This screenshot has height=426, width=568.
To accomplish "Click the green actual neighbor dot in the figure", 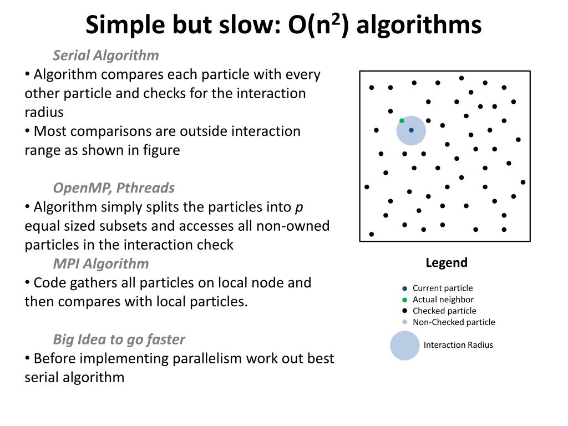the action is pyautogui.click(x=402, y=120).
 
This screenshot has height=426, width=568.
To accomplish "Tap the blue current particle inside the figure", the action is pyautogui.click(x=411, y=130).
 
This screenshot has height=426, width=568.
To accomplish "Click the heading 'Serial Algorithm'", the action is pyautogui.click(x=106, y=55).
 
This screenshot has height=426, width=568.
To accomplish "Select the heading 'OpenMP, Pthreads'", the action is pyautogui.click(x=114, y=188).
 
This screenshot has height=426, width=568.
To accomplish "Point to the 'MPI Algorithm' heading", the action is pyautogui.click(x=101, y=263).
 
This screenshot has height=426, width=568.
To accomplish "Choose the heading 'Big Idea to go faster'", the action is pyautogui.click(x=119, y=339).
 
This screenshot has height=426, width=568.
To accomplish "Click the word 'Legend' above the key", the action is pyautogui.click(x=447, y=263).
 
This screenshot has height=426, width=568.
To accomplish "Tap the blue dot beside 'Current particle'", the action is pyautogui.click(x=404, y=288).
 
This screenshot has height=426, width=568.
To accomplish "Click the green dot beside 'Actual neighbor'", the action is pyautogui.click(x=404, y=300).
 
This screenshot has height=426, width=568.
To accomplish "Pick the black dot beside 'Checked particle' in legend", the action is pyautogui.click(x=404, y=311).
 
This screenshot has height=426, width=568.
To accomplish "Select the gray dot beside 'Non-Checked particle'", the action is pyautogui.click(x=404, y=322).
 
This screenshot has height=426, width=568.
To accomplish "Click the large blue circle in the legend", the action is pyautogui.click(x=404, y=346).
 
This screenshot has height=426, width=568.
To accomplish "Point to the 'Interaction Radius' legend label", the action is pyautogui.click(x=458, y=345).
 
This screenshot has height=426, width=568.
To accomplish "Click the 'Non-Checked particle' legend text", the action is pyautogui.click(x=454, y=322).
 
